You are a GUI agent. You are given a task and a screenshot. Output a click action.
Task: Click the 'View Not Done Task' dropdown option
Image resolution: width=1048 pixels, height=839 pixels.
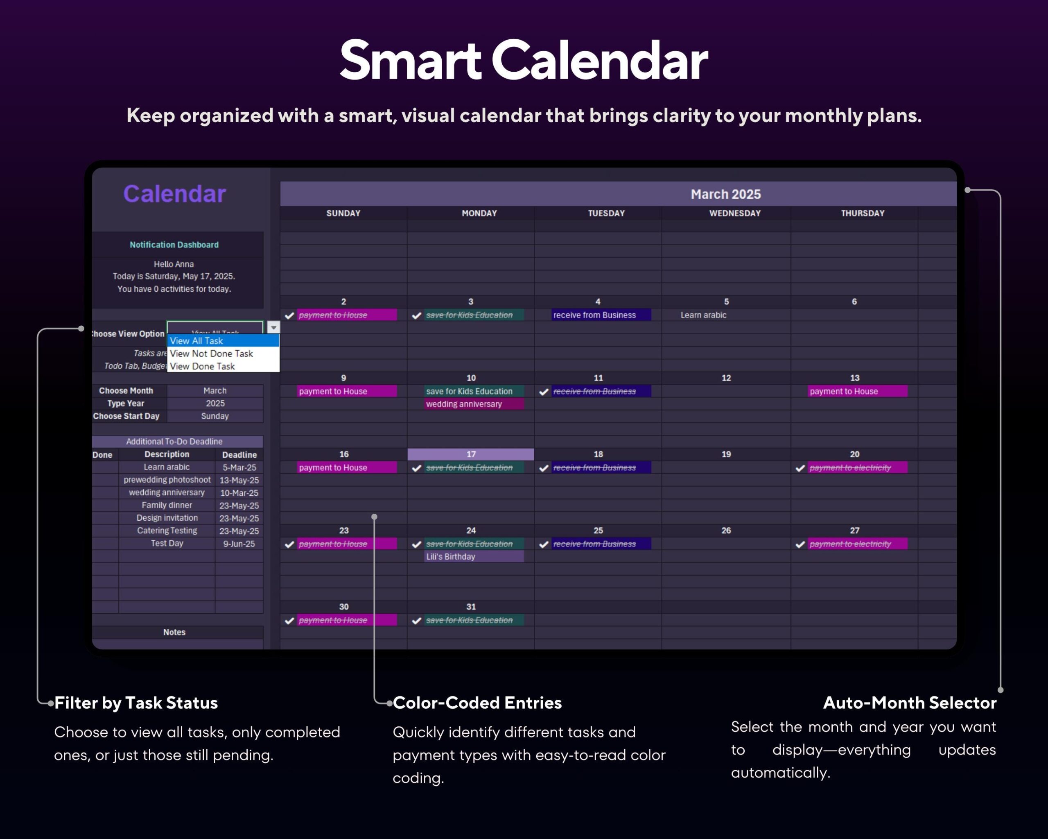(212, 354)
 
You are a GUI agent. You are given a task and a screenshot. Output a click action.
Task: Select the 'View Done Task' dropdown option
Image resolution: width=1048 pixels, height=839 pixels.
(203, 366)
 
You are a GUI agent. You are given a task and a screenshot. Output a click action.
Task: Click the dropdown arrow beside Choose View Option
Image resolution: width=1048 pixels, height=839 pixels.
(273, 327)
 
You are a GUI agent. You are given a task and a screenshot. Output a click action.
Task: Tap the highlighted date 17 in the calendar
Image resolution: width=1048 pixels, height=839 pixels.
(470, 454)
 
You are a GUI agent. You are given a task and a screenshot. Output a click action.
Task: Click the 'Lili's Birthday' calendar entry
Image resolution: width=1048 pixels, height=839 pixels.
(451, 556)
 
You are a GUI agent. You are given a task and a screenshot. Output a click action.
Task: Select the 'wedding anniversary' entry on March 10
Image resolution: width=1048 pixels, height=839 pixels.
(464, 404)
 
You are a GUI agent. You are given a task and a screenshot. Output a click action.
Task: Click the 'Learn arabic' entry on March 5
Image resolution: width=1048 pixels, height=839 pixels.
(703, 315)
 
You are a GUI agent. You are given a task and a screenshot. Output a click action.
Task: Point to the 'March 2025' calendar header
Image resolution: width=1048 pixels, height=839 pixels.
(725, 194)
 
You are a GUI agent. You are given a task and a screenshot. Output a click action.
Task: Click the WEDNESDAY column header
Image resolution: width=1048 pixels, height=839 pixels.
(734, 213)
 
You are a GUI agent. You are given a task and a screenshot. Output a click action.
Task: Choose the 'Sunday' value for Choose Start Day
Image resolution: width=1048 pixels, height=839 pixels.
(215, 416)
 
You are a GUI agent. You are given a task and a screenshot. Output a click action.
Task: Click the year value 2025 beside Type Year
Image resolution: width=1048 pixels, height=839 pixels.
(215, 404)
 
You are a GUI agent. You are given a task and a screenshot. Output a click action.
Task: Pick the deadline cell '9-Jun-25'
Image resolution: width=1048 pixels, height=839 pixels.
(239, 544)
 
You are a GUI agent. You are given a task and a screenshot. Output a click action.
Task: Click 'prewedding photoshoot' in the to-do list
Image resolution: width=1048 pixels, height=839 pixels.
(167, 480)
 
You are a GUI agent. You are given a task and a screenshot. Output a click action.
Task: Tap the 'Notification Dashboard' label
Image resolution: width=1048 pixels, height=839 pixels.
(174, 245)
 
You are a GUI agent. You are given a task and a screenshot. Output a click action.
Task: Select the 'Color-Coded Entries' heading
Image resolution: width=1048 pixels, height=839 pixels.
(477, 703)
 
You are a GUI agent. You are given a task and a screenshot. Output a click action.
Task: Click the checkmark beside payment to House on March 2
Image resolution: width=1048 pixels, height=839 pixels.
(289, 316)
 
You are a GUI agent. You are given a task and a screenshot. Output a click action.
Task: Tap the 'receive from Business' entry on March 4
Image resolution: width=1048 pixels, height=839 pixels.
(594, 315)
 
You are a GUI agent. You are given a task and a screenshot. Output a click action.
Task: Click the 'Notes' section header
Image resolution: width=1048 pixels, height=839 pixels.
(174, 632)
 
